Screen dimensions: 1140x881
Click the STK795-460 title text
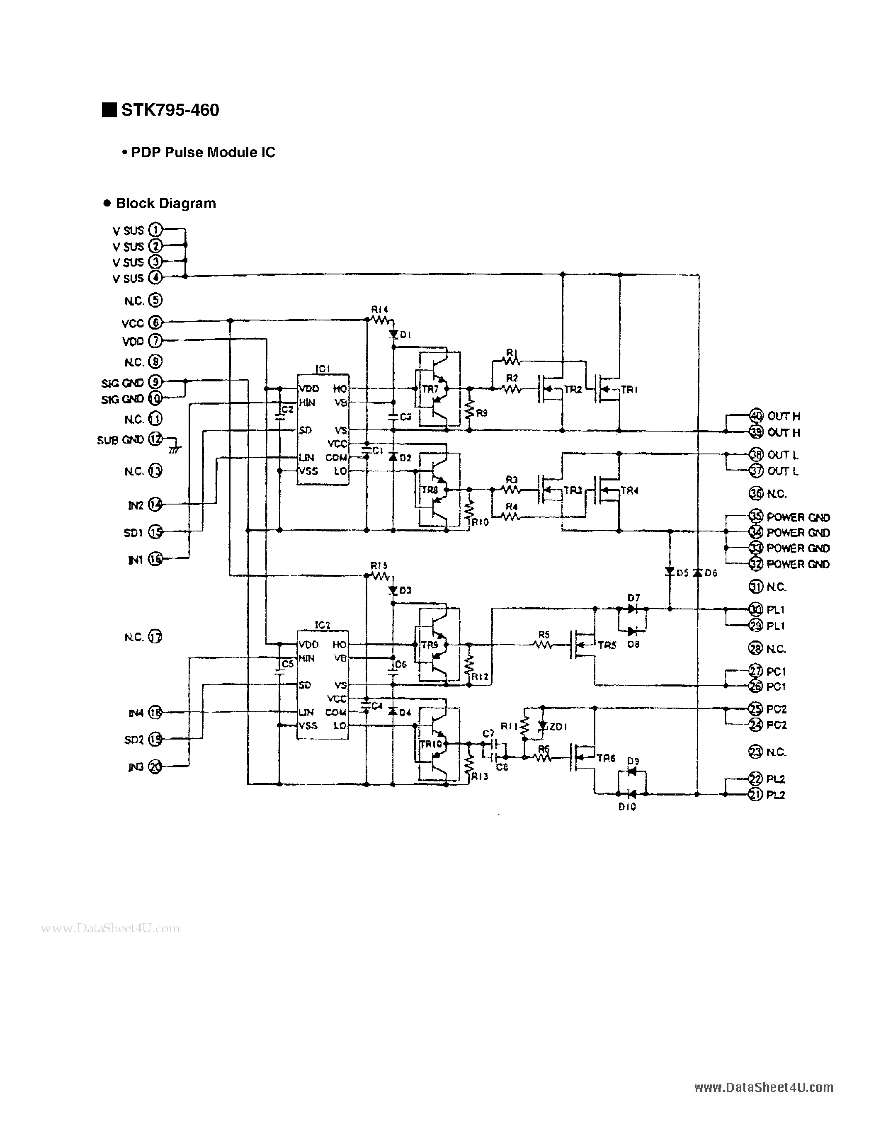point(170,110)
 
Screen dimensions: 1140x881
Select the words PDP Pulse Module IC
point(203,153)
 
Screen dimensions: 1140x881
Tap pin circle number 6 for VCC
point(155,323)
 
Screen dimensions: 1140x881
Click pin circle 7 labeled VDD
point(155,341)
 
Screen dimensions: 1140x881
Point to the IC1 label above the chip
point(323,369)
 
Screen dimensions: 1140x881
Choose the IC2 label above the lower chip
point(323,625)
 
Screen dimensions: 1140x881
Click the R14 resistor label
point(379,309)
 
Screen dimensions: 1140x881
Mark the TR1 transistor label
point(629,389)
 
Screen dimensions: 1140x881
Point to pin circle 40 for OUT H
point(756,416)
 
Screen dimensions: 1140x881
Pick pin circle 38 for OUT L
point(756,455)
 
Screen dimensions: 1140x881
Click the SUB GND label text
point(120,440)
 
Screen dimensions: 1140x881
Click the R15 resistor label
point(379,565)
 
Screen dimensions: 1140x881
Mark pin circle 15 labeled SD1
point(155,532)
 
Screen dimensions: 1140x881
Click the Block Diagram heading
point(165,204)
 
